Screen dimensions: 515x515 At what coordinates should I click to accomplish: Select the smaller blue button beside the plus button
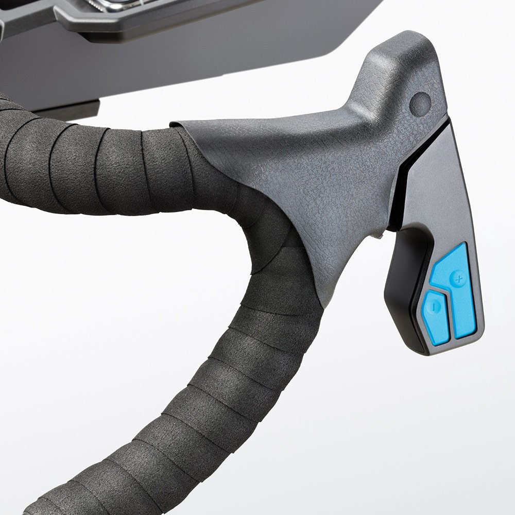[436, 317]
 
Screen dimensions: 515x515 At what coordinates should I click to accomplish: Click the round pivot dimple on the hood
[420, 103]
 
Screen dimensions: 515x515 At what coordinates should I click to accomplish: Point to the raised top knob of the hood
[397, 51]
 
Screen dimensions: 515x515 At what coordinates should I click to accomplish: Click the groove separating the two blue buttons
[449, 314]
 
